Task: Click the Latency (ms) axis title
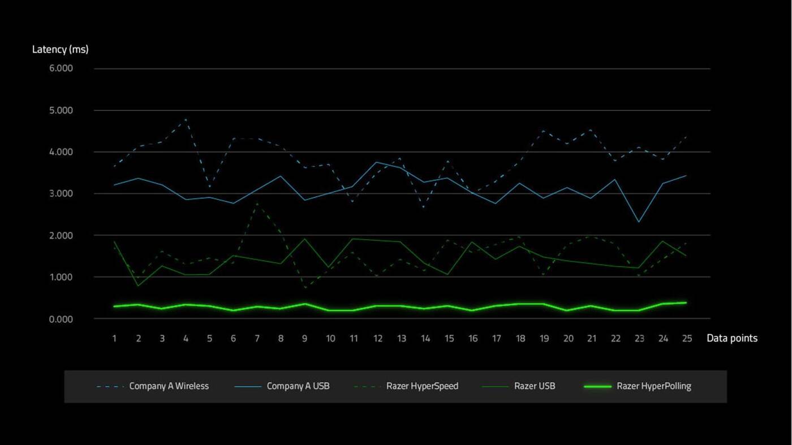pyautogui.click(x=60, y=49)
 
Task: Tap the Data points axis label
pyautogui.click(x=731, y=338)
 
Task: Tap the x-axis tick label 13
pyautogui.click(x=401, y=339)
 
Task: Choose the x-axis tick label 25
pyautogui.click(x=687, y=339)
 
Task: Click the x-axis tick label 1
pyautogui.click(x=115, y=339)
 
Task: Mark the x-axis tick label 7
pyautogui.click(x=257, y=339)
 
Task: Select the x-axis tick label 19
pyautogui.click(x=544, y=339)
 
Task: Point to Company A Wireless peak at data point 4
pyautogui.click(x=186, y=119)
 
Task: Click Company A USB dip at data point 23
pyautogui.click(x=639, y=222)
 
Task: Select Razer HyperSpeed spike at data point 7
pyautogui.click(x=257, y=202)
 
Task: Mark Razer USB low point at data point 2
pyautogui.click(x=138, y=286)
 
